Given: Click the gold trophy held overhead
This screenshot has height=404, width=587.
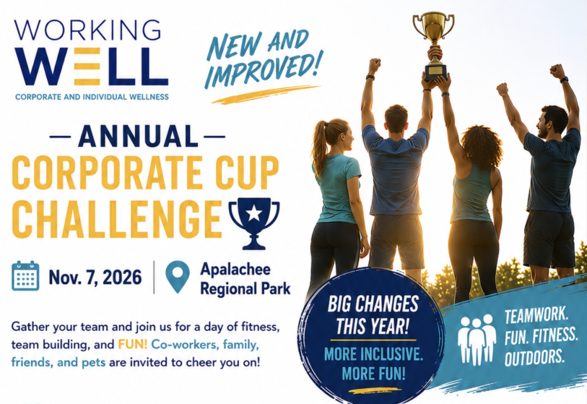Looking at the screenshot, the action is pyautogui.click(x=434, y=45).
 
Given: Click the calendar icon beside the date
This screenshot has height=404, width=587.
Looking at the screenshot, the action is pyautogui.click(x=25, y=276).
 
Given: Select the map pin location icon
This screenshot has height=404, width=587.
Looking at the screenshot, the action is pyautogui.click(x=178, y=276).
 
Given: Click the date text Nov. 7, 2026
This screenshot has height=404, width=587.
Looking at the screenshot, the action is pyautogui.click(x=95, y=277).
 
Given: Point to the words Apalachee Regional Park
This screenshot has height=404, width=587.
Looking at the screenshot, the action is pyautogui.click(x=245, y=279).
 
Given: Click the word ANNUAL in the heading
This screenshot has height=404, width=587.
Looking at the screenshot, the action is pyautogui.click(x=138, y=136).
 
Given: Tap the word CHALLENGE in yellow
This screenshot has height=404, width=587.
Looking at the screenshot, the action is pyautogui.click(x=117, y=219).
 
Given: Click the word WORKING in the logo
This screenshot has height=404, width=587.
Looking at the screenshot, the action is pyautogui.click(x=88, y=30).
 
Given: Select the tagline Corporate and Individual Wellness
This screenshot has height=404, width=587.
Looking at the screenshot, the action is pyautogui.click(x=92, y=97).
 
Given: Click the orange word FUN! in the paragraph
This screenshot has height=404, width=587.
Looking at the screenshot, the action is pyautogui.click(x=133, y=344).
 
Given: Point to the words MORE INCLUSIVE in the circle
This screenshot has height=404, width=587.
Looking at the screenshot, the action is pyautogui.click(x=373, y=354).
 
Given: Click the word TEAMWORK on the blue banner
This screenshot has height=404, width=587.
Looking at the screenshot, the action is pyautogui.click(x=536, y=315).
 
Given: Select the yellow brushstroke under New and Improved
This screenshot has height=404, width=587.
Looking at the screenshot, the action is pyautogui.click(x=266, y=94).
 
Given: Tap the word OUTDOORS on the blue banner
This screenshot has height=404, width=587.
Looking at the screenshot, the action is pyautogui.click(x=534, y=357).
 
